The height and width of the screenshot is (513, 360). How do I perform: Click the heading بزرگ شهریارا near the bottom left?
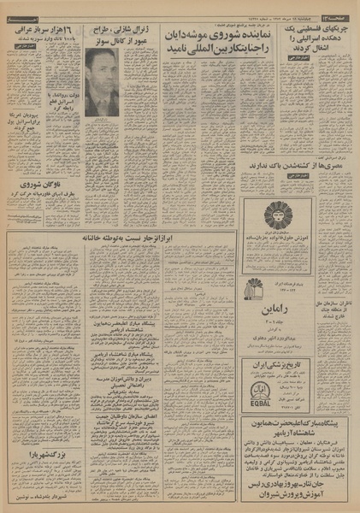click(42, 454)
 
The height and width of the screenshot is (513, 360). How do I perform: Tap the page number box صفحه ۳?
click(341, 8)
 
